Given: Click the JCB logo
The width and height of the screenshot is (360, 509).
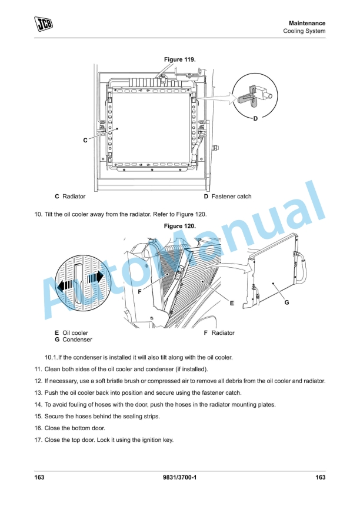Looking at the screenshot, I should pos(43,24).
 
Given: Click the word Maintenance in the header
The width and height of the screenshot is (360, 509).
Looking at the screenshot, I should pos(306,23).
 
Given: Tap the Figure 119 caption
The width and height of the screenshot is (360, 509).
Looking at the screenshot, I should pos(179,59).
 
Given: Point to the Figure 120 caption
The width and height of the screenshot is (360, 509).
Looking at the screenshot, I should pos(179,226).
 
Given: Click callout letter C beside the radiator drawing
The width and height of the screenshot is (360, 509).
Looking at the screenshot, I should pos(85,140).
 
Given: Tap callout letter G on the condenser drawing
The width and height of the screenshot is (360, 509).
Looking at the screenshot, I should pos(286,302).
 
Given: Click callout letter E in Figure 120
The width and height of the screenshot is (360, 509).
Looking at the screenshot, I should pos(232,304).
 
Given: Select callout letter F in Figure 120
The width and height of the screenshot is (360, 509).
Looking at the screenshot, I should pos(139,291).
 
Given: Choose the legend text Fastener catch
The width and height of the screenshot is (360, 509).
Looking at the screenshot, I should pos(231,197).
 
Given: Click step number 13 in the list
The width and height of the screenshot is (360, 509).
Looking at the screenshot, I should pos(39,392).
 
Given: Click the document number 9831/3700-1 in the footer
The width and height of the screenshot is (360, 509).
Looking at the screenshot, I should pos(179,477).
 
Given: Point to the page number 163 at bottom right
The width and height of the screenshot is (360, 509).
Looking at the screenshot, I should pos(321,477).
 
